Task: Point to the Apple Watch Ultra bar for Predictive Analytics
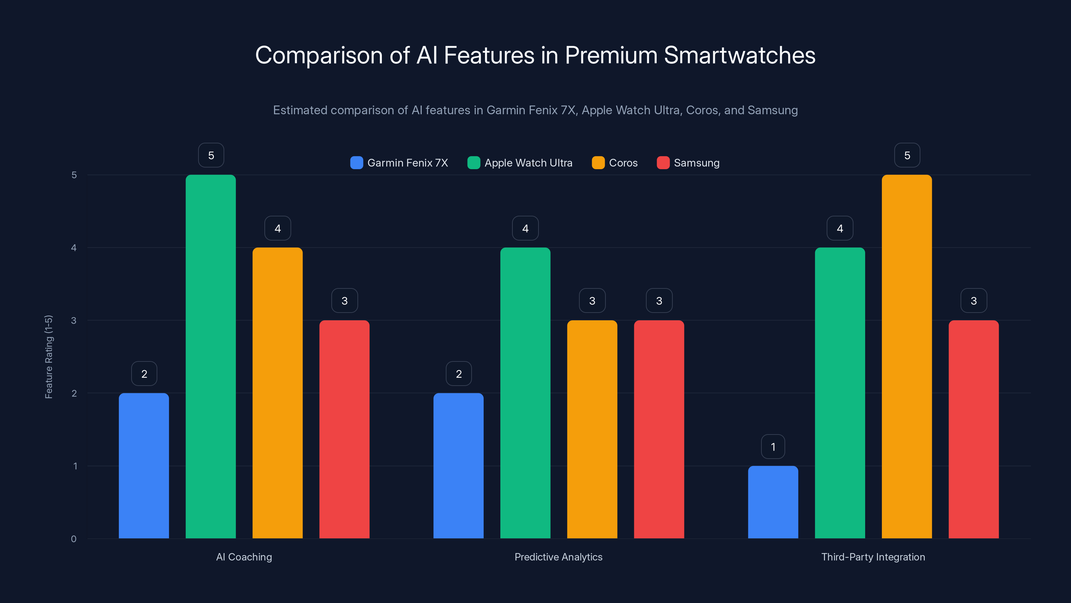point(525,393)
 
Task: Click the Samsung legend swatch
point(663,163)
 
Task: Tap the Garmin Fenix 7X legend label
point(407,163)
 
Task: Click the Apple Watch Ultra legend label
point(528,163)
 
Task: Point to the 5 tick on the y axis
point(74,175)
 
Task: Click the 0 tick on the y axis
point(74,539)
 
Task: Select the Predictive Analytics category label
point(558,557)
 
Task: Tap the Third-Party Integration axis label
point(873,557)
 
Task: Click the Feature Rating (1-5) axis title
point(49,357)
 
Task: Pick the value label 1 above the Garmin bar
point(773,447)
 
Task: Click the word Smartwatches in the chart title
point(740,55)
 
